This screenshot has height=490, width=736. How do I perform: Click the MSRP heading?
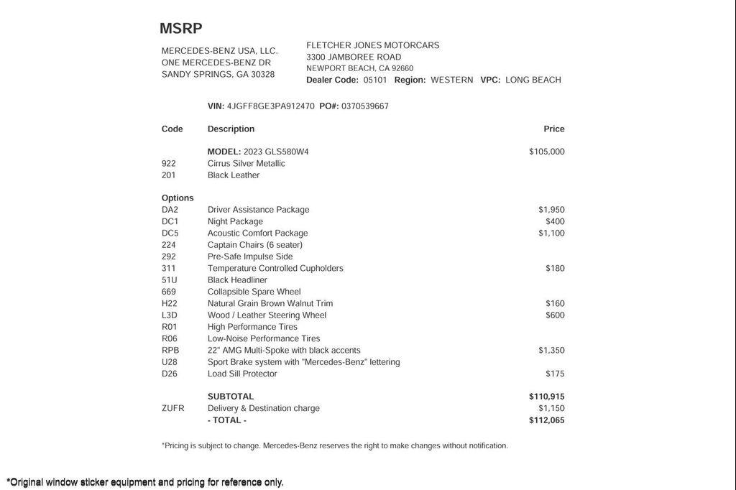click(181, 29)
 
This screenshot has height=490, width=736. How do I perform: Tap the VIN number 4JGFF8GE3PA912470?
click(270, 106)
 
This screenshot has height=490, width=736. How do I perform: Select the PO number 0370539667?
click(365, 106)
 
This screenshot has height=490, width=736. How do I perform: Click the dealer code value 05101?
click(375, 80)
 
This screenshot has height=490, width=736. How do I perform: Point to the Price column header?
click(554, 129)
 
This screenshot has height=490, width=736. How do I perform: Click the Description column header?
click(231, 129)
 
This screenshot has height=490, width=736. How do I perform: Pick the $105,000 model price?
click(547, 152)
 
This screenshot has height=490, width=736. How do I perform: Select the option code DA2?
click(170, 210)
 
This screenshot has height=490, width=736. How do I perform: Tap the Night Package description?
click(235, 221)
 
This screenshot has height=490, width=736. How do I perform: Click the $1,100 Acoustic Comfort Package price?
click(551, 233)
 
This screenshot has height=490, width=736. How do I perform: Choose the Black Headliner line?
click(237, 280)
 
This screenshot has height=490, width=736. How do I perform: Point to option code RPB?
click(170, 351)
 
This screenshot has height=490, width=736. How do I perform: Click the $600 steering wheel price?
click(555, 315)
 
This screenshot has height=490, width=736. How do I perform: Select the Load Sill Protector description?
click(242, 374)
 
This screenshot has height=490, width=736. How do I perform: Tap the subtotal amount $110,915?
click(547, 397)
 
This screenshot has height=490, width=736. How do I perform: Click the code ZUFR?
click(172, 408)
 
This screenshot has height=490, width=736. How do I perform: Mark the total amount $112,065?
click(547, 420)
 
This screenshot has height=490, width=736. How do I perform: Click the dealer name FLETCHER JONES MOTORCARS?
click(372, 45)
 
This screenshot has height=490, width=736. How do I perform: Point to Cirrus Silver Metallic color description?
click(247, 164)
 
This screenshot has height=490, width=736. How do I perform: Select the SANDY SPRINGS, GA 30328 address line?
click(218, 74)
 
